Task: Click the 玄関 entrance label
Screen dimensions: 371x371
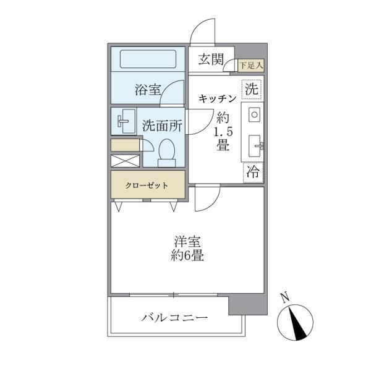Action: pos(211,60)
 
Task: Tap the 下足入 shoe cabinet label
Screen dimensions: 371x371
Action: pos(250,64)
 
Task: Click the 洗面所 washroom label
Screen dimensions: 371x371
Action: pos(162,124)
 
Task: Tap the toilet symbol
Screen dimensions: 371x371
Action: pos(166,152)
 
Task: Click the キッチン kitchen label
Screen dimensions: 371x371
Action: pos(217,98)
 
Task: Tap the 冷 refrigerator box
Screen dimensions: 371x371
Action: pos(254,173)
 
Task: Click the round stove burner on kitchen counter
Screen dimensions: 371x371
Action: pos(254,114)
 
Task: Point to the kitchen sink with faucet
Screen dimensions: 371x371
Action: pos(255,145)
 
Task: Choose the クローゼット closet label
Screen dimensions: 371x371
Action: pos(148,185)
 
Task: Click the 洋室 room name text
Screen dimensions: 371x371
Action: pos(187,242)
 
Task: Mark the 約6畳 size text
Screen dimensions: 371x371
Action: pos(187,255)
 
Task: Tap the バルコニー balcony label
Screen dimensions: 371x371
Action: pos(174,318)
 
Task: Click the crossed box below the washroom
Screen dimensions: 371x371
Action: pos(126,160)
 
